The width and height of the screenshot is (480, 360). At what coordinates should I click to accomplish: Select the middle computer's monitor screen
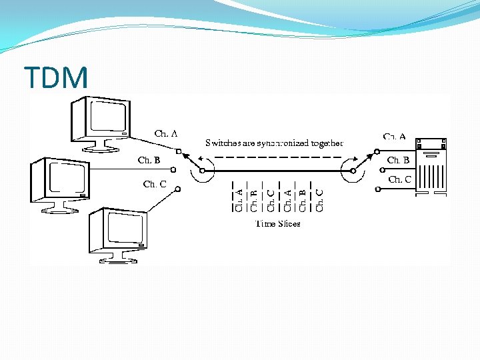(x=65, y=178)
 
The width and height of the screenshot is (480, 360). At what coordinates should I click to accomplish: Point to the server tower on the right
(x=431, y=167)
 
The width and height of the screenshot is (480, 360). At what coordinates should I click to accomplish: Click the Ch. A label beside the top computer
(x=166, y=134)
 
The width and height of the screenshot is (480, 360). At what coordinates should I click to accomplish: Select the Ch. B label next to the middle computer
(x=149, y=160)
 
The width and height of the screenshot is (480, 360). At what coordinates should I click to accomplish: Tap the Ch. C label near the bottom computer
(x=155, y=184)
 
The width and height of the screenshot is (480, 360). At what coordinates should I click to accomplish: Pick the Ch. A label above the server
(x=394, y=137)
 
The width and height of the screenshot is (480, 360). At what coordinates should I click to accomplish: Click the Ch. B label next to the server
(x=399, y=160)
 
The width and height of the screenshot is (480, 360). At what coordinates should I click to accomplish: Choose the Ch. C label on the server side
(x=400, y=179)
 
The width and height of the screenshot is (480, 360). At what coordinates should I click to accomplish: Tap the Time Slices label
(x=278, y=224)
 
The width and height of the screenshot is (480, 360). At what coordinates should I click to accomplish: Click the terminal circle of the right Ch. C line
(x=377, y=190)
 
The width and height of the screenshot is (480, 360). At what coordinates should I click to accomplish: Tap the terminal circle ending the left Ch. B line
(x=173, y=170)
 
